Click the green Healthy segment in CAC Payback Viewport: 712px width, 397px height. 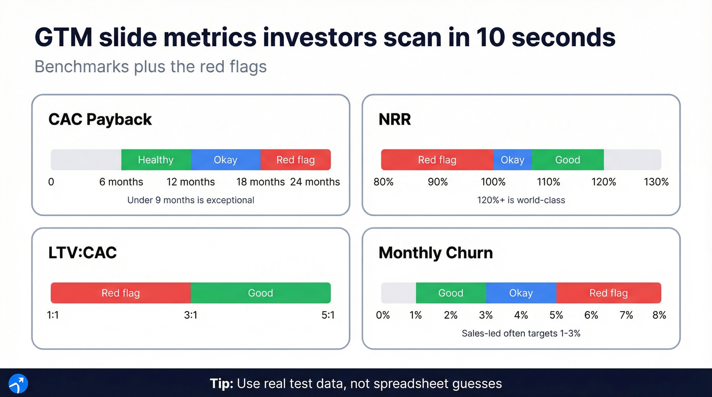tap(156, 160)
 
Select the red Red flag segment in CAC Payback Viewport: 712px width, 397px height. tap(295, 160)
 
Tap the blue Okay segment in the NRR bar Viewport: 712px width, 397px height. tap(512, 160)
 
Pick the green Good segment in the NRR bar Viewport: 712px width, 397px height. tap(568, 160)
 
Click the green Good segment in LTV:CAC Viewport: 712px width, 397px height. tap(260, 293)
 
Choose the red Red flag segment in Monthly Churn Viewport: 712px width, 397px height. tap(608, 293)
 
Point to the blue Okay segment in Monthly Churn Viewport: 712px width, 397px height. tap(521, 293)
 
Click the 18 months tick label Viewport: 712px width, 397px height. tap(260, 182)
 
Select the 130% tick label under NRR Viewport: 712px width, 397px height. tap(656, 182)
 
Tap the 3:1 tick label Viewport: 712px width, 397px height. tap(191, 315)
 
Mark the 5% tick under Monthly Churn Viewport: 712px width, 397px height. tap(556, 315)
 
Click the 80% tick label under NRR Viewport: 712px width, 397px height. tap(383, 182)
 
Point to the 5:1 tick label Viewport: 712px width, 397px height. tap(328, 315)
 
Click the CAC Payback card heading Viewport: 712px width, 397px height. tap(100, 119)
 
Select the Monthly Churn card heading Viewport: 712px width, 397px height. tap(435, 253)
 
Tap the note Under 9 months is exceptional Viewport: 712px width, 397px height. tap(191, 200)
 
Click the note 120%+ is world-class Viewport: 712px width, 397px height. tap(521, 200)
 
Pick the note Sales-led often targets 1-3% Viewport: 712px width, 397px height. tap(521, 333)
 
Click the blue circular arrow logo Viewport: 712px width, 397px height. tap(18, 383)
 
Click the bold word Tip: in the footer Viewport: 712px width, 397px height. tap(222, 383)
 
